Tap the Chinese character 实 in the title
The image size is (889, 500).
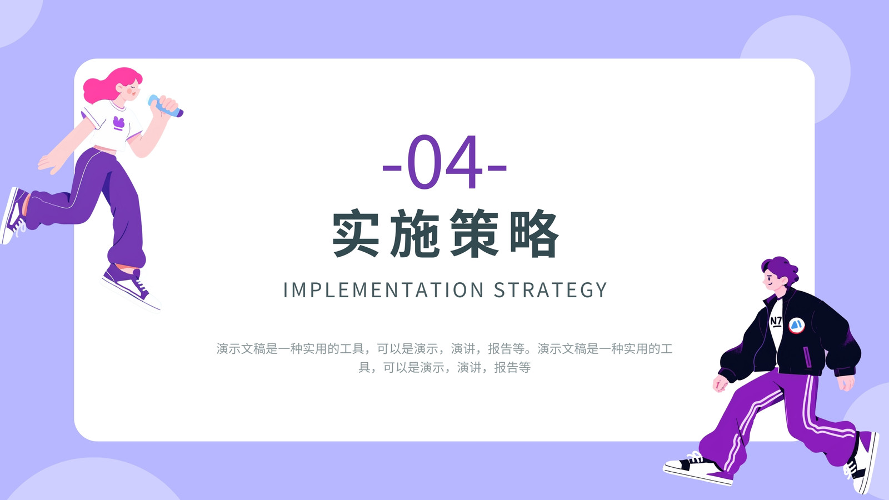(356, 233)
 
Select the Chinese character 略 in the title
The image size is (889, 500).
(534, 233)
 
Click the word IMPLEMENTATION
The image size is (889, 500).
(383, 289)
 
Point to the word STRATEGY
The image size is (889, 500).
(551, 289)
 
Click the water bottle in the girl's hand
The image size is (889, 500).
(165, 106)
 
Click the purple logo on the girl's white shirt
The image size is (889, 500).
(119, 123)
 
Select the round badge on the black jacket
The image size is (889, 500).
(796, 326)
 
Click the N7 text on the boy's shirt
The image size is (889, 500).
(776, 321)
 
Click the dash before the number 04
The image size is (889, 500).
(392, 168)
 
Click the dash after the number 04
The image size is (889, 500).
(497, 168)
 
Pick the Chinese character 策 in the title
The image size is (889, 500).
(475, 233)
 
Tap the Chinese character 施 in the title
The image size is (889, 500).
(414, 233)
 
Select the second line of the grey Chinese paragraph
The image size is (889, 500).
(444, 367)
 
